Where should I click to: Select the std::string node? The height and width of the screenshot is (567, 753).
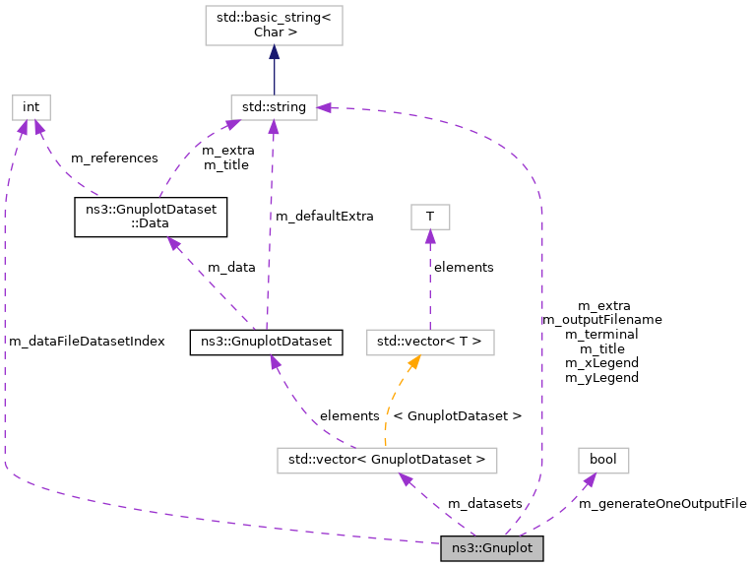[x=274, y=106]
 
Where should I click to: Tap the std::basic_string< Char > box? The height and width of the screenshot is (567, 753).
[x=274, y=25]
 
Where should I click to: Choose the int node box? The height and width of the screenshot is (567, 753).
[x=31, y=106]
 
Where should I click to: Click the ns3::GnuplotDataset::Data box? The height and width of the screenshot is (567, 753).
[x=151, y=217]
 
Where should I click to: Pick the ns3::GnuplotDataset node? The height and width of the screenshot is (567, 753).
[x=267, y=342]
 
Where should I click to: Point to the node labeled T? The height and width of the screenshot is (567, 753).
[x=429, y=217]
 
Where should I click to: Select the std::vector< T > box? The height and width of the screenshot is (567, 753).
[x=429, y=342]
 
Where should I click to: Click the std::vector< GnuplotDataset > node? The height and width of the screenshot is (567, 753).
[x=387, y=459]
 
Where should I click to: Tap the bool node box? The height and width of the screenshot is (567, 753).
[x=602, y=459]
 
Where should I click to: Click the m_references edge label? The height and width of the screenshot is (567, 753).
[x=114, y=157]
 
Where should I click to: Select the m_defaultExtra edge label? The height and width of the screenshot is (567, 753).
[x=324, y=216]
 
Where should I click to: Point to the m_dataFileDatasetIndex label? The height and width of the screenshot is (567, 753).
[x=87, y=341]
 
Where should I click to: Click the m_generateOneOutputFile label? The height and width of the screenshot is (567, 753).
[x=661, y=503]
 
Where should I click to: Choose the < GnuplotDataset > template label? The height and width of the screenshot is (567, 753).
[x=457, y=415]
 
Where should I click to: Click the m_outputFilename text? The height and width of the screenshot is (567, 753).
[x=601, y=320]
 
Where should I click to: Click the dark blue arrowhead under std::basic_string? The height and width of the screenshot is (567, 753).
[x=274, y=53]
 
